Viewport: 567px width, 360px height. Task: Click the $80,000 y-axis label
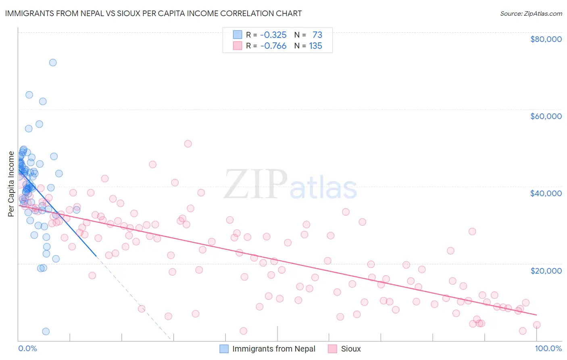546,39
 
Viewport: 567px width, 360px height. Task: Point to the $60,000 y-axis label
546,116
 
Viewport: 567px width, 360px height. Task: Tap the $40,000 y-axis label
546,193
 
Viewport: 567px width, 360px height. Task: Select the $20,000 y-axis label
546,270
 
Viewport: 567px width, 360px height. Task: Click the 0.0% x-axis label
27,348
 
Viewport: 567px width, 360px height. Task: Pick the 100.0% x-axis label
548,348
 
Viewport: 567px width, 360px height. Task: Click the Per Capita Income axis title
11,184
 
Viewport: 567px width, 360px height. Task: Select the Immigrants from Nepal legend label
274,349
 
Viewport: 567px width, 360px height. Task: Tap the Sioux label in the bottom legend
351,349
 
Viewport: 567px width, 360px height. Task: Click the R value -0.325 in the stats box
273,35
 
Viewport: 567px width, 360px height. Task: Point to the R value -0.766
273,46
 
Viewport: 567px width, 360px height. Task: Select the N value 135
315,46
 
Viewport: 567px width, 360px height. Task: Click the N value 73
317,35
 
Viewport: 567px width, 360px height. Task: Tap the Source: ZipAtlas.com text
531,14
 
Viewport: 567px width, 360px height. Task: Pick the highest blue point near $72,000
53,63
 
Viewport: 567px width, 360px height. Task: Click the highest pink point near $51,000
188,144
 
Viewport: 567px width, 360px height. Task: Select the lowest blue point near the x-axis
46,331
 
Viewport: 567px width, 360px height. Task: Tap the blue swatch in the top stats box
238,35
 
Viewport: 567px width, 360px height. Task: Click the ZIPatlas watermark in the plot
290,184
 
